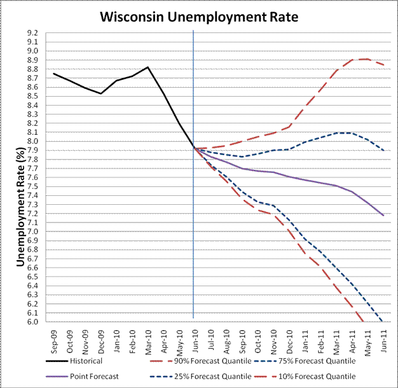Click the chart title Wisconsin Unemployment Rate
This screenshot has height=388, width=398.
click(199, 15)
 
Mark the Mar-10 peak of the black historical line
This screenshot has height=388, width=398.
click(148, 67)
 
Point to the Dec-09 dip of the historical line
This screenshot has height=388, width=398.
click(100, 94)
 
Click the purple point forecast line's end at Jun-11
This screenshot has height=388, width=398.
click(382, 216)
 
